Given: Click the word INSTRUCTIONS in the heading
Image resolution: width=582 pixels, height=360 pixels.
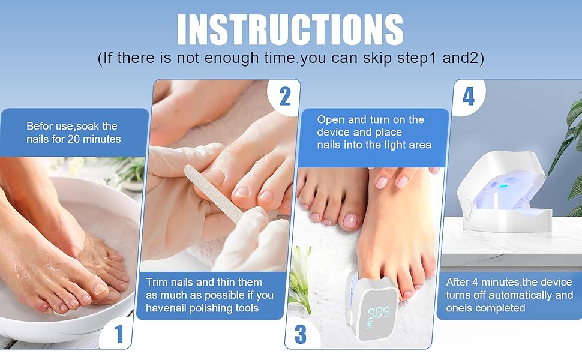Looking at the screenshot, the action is click(x=290, y=29).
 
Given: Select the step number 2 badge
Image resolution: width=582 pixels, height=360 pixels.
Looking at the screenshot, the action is click(x=285, y=97).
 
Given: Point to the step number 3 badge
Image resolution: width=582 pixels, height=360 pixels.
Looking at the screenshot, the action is click(x=300, y=334).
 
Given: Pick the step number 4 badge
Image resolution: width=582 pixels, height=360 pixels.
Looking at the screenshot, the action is click(x=469, y=96).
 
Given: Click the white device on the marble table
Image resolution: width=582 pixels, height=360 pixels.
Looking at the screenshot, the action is click(x=503, y=192).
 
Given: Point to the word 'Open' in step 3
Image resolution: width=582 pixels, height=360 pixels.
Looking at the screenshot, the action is click(x=331, y=120).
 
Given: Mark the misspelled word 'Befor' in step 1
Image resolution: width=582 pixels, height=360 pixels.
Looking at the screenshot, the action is click(x=38, y=126).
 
